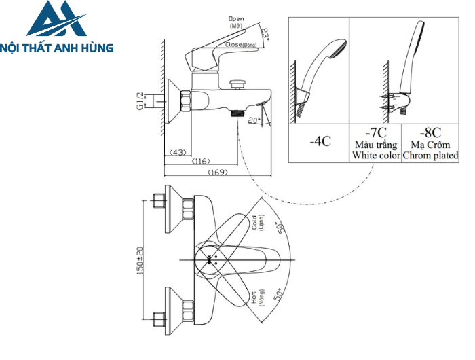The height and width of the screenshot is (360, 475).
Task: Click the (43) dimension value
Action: point(178,151)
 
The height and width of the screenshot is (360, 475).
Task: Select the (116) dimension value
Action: point(201,161)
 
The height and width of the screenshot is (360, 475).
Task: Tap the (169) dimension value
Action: point(216,172)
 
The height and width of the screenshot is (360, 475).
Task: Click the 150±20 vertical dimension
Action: point(141,259)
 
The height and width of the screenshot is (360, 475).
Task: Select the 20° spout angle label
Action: point(254,121)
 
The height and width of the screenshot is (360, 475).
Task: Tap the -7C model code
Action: point(375,133)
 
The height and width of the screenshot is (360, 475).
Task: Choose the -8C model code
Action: point(430,133)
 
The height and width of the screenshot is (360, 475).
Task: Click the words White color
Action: point(375,156)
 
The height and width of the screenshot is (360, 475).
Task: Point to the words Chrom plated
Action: point(430,156)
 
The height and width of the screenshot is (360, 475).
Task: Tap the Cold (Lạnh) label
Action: point(257,223)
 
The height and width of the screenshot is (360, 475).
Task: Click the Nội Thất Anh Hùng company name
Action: point(57,48)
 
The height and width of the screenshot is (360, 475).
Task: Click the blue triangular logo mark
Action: point(57,20)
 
